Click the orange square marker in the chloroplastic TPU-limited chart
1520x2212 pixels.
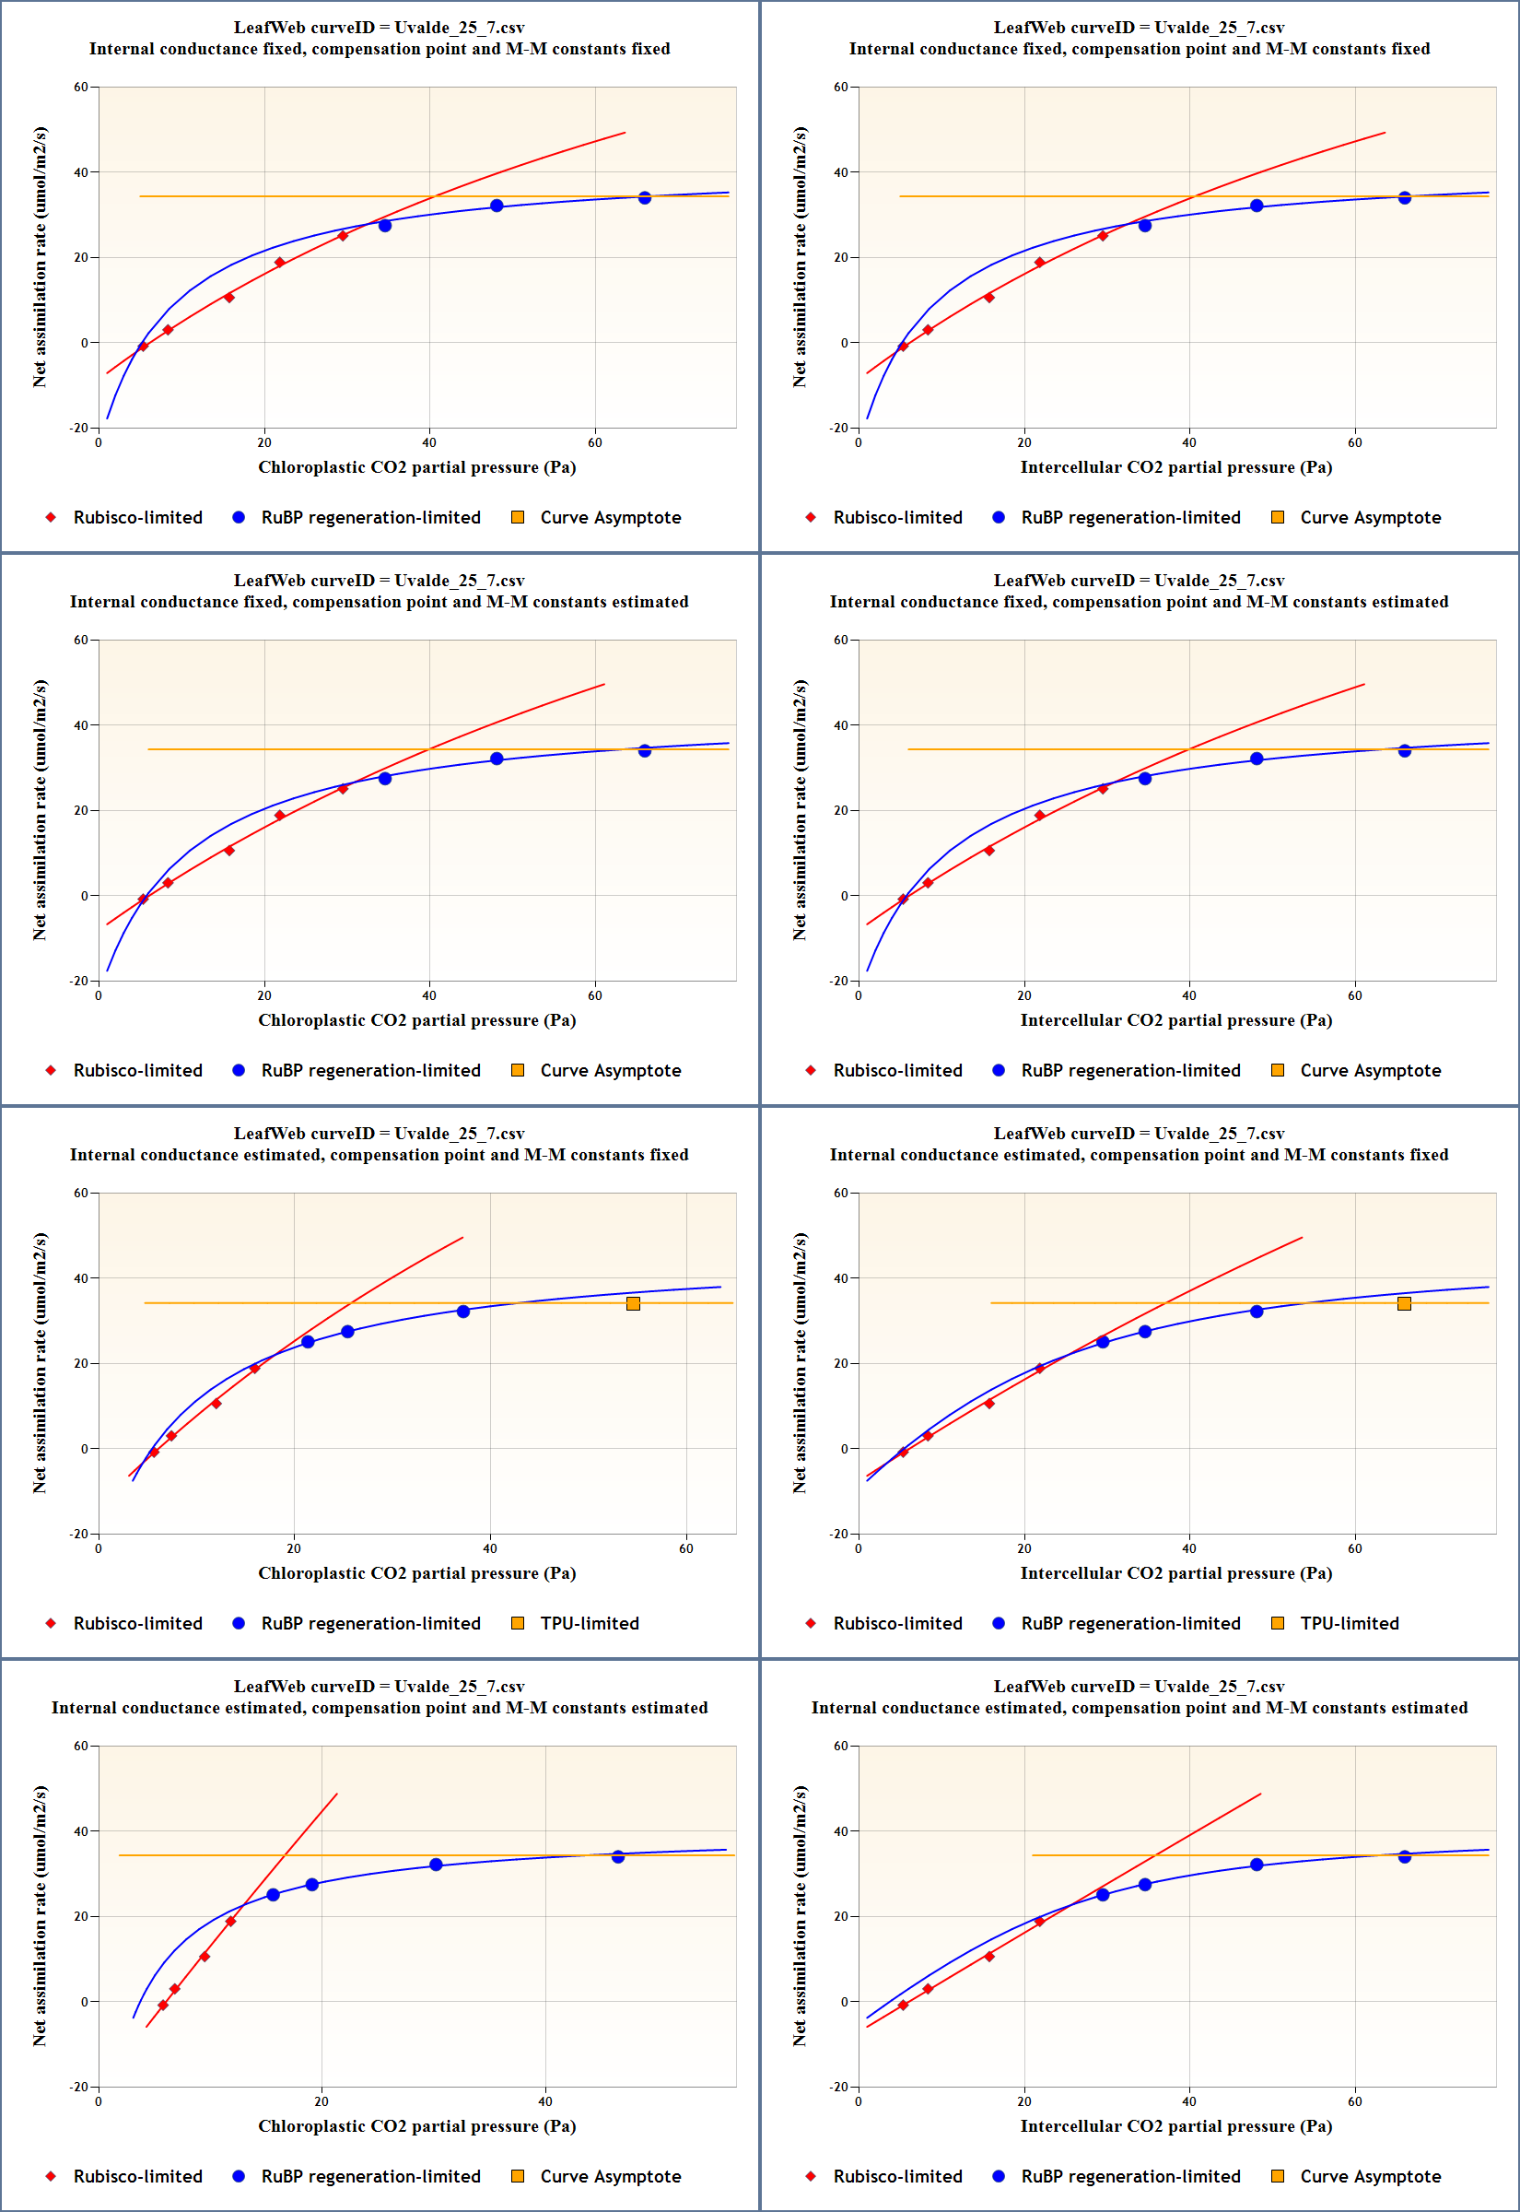click(634, 1303)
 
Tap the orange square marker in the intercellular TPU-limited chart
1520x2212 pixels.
click(1404, 1303)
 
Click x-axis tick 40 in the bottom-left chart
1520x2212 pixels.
click(544, 2101)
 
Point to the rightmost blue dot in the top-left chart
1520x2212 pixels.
click(645, 198)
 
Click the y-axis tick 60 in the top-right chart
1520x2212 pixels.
click(841, 88)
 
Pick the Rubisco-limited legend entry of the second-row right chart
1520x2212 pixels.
click(884, 1071)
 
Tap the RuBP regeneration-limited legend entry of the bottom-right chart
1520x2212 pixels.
click(1117, 2177)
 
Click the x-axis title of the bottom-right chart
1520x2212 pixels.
click(1176, 2126)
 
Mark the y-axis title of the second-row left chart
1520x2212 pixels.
click(40, 810)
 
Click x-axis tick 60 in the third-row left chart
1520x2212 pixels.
click(685, 1549)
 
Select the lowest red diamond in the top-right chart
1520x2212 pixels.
click(903, 347)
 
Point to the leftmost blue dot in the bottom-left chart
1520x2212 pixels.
click(274, 1895)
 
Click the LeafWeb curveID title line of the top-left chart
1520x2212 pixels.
click(379, 28)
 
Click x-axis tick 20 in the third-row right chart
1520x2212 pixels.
click(1023, 1549)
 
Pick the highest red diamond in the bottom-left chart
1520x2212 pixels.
click(230, 1922)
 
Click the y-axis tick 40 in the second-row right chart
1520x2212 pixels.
click(841, 726)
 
